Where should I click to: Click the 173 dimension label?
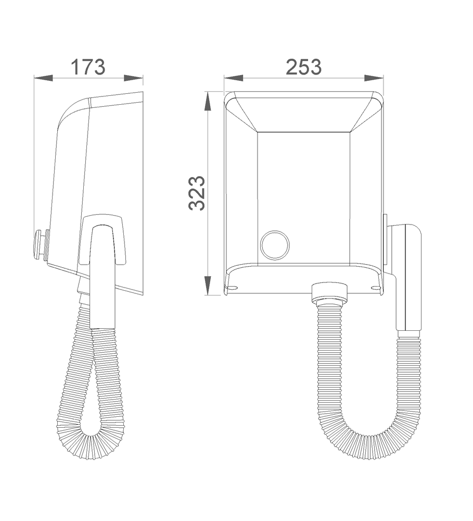point(88,67)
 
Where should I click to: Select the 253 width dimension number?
point(304,67)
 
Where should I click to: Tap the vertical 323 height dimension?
point(197,193)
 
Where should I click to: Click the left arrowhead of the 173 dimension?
point(44,78)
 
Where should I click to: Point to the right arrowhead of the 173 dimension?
point(133,78)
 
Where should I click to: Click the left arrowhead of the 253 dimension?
point(233,78)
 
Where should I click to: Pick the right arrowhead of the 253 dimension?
point(374,78)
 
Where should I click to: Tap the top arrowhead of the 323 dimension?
point(208,101)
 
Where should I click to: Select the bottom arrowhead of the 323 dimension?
point(208,285)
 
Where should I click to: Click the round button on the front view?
point(275,245)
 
